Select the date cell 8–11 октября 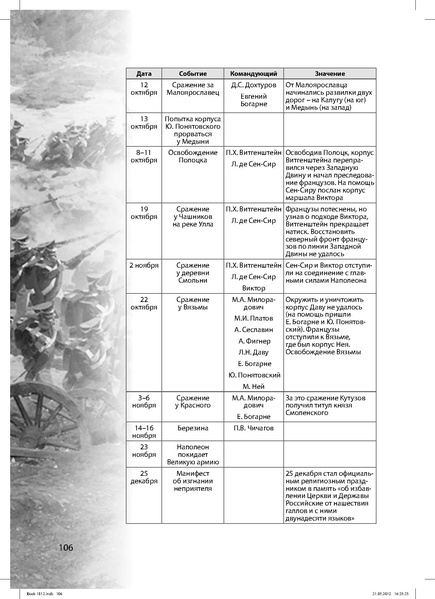[144, 155]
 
